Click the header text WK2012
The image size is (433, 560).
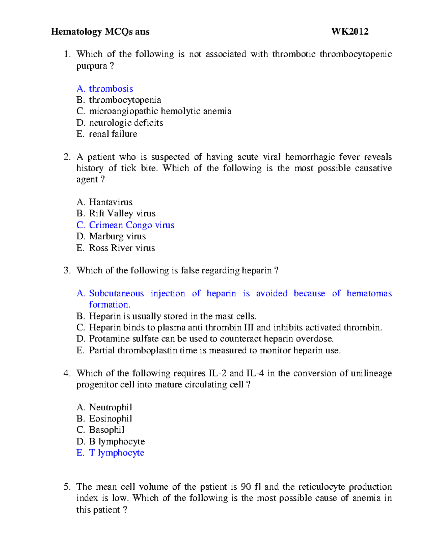[x=350, y=32]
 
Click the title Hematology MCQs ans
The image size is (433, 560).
[x=100, y=32]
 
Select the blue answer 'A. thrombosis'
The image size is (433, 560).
[x=105, y=89]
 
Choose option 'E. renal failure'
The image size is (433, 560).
[x=107, y=134]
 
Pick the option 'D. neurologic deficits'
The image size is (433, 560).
[x=120, y=123]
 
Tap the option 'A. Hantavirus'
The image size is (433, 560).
[x=105, y=202]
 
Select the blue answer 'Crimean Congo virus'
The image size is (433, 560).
[x=131, y=225]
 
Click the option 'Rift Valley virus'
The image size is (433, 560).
[x=122, y=213]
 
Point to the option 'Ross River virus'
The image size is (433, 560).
[x=122, y=248]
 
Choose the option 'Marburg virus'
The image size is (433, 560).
[x=117, y=237]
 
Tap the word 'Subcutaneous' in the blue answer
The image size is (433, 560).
[x=116, y=294]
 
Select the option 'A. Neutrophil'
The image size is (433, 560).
[x=104, y=407]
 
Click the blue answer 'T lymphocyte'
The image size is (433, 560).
[x=117, y=453]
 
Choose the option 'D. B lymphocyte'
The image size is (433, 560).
[x=111, y=442]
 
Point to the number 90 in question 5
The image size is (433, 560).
[x=246, y=487]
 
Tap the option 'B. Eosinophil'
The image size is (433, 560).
[x=104, y=419]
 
